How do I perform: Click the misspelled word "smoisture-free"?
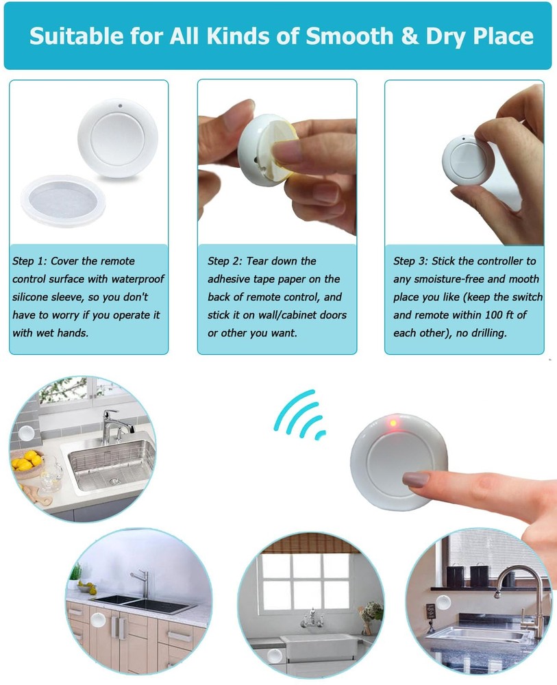click(438, 279)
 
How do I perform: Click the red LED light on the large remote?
click(393, 423)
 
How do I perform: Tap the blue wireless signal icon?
click(299, 416)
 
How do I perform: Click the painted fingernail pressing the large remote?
click(416, 480)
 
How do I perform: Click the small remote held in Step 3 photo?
click(467, 160)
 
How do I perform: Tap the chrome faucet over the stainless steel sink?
click(112, 425)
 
